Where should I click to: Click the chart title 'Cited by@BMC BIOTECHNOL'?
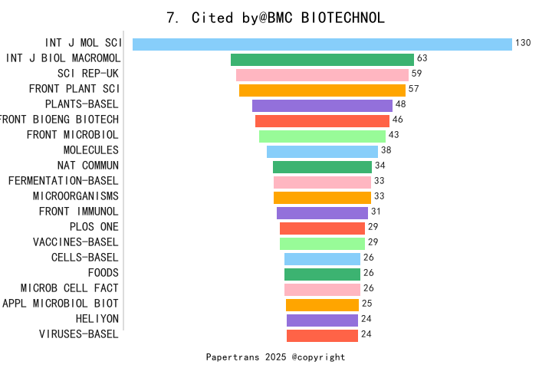click(276, 17)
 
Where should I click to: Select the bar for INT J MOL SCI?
click(322, 44)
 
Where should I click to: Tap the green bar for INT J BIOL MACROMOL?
click(322, 60)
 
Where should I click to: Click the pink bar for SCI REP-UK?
click(322, 75)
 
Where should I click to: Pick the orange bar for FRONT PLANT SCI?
click(322, 90)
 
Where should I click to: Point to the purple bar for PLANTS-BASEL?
click(322, 106)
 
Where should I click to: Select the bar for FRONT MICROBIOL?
click(322, 136)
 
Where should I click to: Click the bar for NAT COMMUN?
click(322, 167)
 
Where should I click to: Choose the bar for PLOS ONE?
click(322, 228)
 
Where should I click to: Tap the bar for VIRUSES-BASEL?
click(322, 335)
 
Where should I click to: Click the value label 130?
click(523, 43)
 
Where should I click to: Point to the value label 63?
click(422, 58)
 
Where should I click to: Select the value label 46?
click(397, 120)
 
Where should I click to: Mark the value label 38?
click(386, 150)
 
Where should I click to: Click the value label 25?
click(366, 304)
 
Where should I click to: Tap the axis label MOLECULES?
click(90, 150)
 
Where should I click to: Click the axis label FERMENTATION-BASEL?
click(63, 181)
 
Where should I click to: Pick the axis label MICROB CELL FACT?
click(69, 288)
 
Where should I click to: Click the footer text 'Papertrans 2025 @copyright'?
click(276, 357)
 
